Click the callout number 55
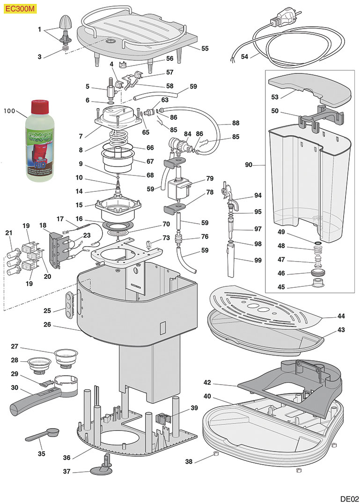205,48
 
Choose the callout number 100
9,111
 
